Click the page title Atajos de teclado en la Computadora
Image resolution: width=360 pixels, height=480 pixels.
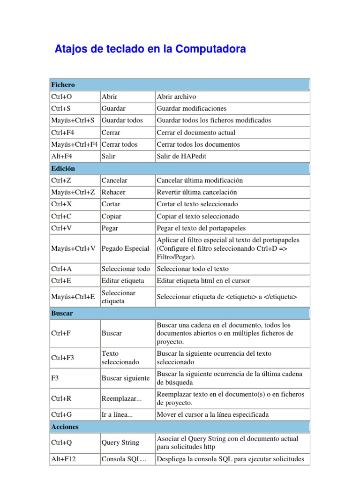[150, 49]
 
